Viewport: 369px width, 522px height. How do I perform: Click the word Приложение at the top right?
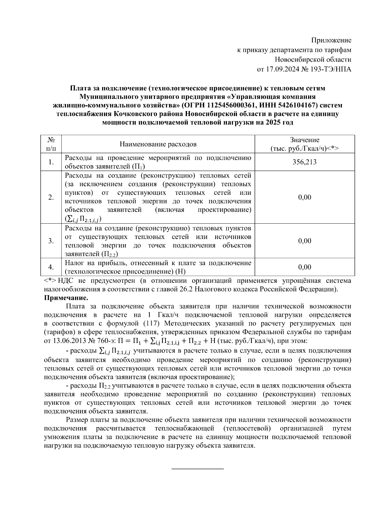(331, 40)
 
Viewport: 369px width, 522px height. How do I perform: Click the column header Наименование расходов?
(158, 144)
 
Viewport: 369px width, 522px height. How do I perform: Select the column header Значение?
(304, 140)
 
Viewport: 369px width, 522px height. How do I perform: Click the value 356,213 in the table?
(304, 162)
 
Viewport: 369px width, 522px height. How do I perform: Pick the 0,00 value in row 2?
(304, 197)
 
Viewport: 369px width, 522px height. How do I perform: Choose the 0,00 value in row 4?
(304, 267)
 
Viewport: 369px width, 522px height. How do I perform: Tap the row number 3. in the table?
(51, 241)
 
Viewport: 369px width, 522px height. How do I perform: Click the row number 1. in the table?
(51, 162)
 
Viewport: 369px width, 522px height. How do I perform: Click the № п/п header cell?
(51, 144)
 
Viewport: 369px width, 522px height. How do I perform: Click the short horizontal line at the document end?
(197, 469)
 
